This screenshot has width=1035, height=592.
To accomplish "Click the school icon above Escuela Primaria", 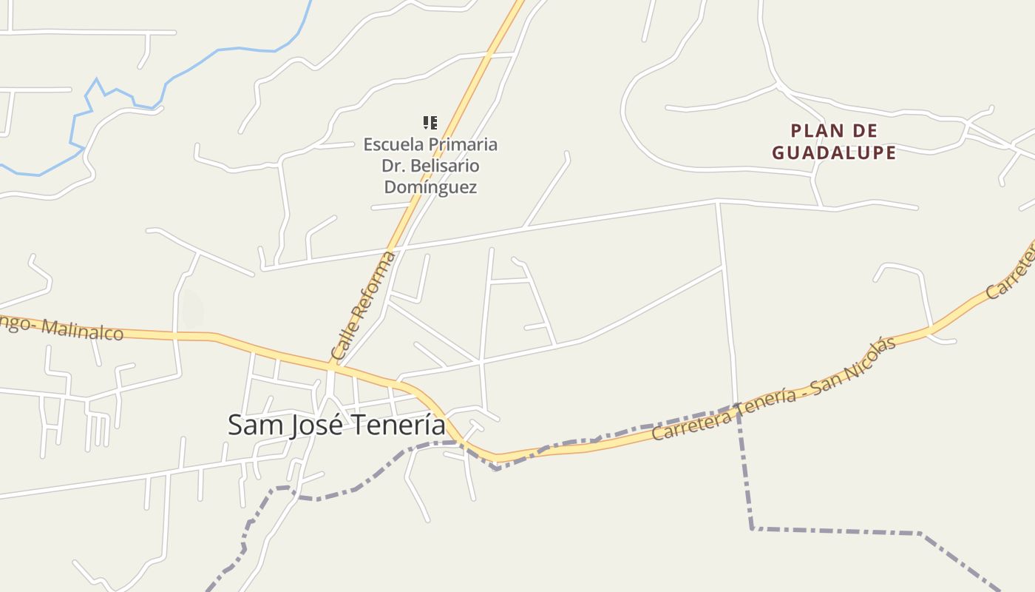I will pos(430,123).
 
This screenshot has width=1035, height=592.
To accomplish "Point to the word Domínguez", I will pos(430,187).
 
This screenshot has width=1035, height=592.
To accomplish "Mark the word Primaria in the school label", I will pos(463,144).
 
